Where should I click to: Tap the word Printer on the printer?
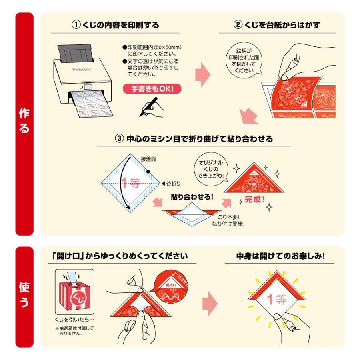pos(82,70)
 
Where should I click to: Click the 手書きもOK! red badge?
pos(153,89)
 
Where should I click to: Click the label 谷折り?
pos(173,184)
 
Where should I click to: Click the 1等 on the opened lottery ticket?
pos(277,299)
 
